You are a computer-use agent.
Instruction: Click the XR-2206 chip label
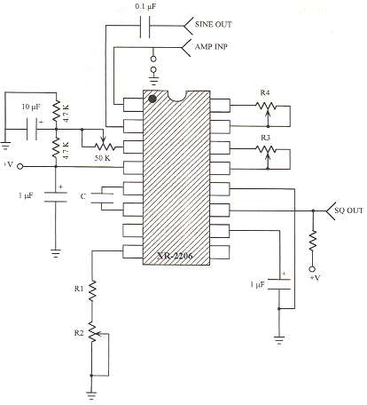point(176,255)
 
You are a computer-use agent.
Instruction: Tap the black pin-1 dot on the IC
point(152,99)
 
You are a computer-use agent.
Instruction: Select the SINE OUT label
point(213,24)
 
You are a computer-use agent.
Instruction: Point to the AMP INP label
point(211,46)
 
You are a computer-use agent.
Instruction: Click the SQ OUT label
point(348,210)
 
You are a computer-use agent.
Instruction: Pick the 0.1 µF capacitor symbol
point(144,26)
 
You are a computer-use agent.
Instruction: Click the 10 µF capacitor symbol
point(32,129)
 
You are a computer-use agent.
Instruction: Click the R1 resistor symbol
point(93,290)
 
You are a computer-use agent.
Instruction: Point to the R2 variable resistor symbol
point(93,332)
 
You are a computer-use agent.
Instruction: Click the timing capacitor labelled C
point(102,198)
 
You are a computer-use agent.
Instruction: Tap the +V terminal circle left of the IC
point(20,166)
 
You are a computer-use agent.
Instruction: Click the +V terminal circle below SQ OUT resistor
point(312,269)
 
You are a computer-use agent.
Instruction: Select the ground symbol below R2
point(91,396)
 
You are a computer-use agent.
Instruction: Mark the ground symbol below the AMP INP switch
point(154,79)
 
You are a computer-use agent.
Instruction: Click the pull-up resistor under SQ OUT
point(312,242)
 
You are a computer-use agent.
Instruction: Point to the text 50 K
point(103,158)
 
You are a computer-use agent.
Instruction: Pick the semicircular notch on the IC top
point(176,95)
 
